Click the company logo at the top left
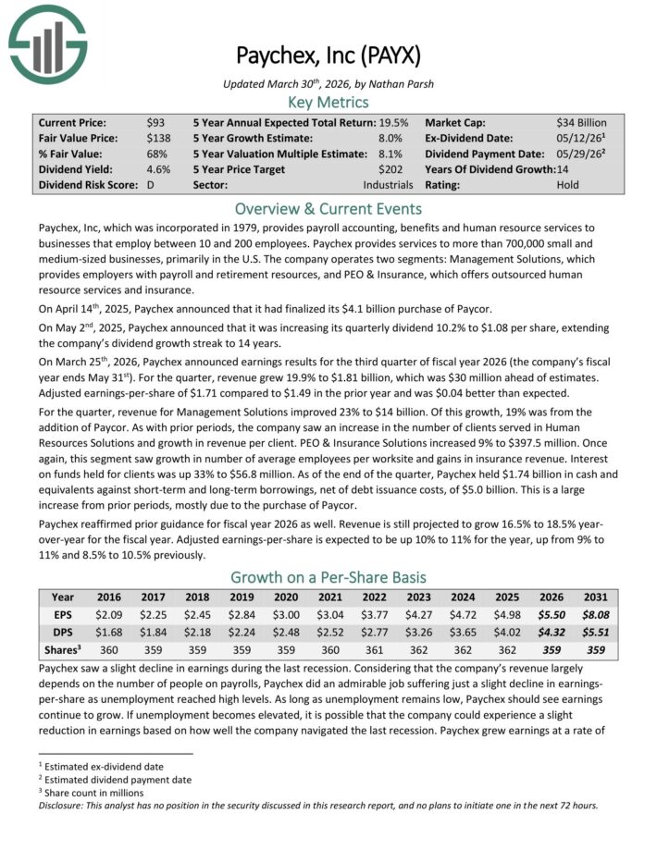tap(47, 43)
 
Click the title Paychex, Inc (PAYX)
tap(328, 55)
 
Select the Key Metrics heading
tap(328, 102)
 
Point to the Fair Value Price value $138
tap(159, 138)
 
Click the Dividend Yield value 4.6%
tap(158, 169)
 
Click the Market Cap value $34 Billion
tap(581, 122)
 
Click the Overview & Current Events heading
tap(328, 208)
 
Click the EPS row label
tap(62, 613)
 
